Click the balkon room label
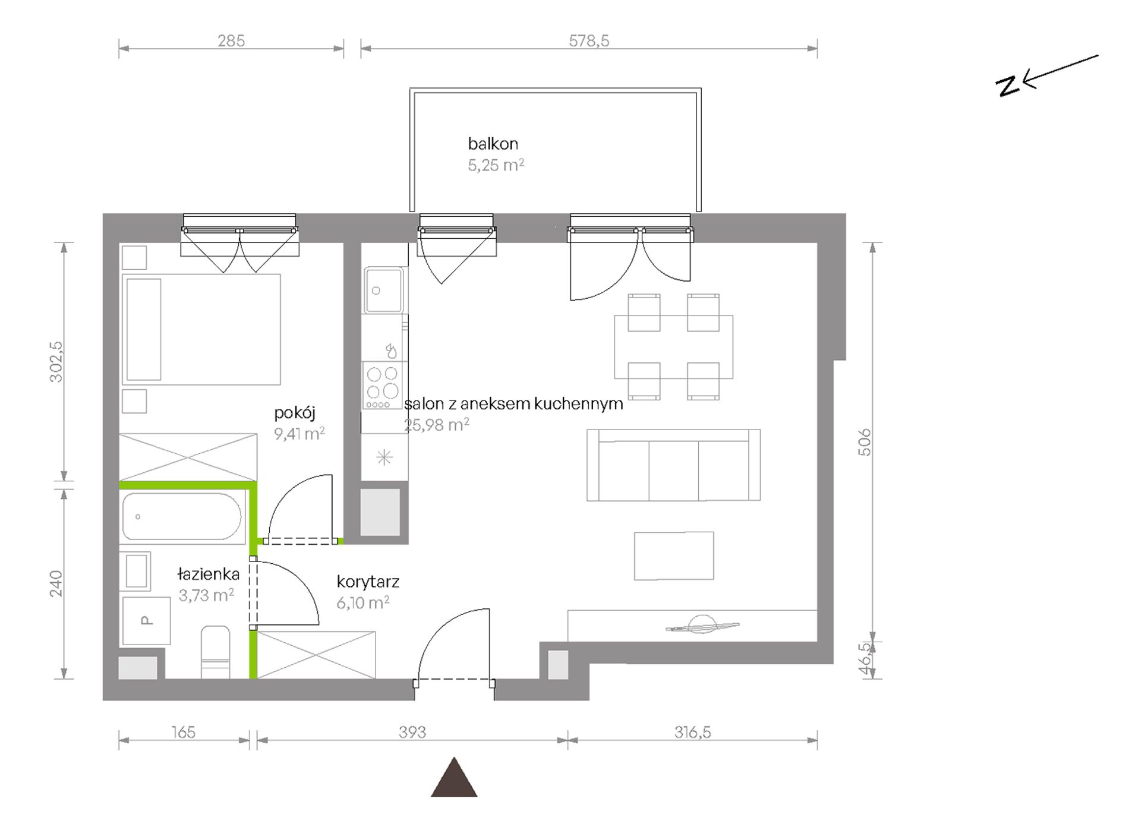[493, 144]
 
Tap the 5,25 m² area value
[496, 165]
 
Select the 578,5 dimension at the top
[589, 40]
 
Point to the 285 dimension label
[231, 40]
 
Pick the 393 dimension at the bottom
[412, 732]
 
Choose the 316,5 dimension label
[692, 732]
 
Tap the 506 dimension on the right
[865, 442]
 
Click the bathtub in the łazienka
[182, 516]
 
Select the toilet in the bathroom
[215, 652]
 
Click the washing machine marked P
[146, 621]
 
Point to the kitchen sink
[384, 290]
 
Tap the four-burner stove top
[383, 385]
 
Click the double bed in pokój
[201, 329]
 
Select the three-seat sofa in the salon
[673, 465]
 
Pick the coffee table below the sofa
[674, 555]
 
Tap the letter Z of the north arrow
[1008, 86]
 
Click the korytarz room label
[368, 581]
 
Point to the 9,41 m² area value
[299, 434]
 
